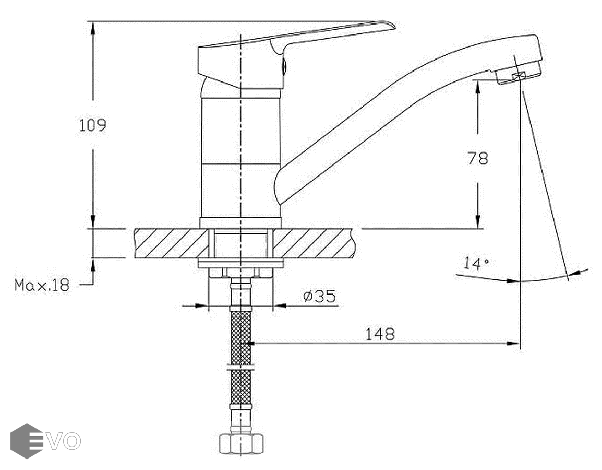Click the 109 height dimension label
click(92, 125)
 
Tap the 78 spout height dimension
click(478, 158)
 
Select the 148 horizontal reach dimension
click(380, 334)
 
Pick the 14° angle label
click(476, 263)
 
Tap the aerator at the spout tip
click(519, 76)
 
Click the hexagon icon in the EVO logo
click(26, 441)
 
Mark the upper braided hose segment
click(240, 336)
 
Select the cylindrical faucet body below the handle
click(240, 157)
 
